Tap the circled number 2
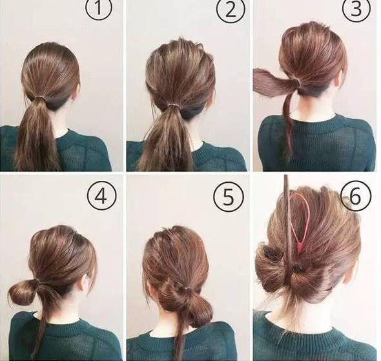pos(231,10)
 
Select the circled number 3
pos(356,9)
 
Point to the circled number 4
pos(102,196)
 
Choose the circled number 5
pos(229,196)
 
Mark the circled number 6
pos(356,196)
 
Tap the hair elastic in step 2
pos(172,106)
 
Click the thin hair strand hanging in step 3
pos(287,127)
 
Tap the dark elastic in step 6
pos(297,269)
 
